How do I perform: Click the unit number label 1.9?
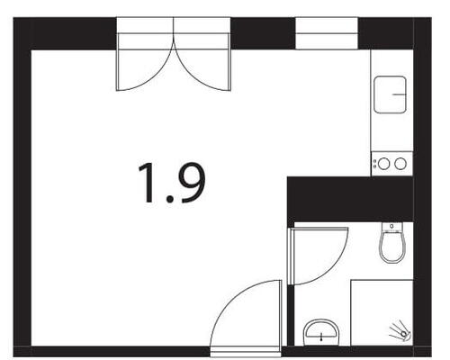172,183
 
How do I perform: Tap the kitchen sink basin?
390,94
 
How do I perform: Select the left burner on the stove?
384,164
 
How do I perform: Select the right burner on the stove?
400,164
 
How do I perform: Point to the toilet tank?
392,227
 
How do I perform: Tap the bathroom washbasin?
321,332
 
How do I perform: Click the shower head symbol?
400,331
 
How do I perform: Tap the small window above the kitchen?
327,33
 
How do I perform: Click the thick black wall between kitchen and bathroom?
350,199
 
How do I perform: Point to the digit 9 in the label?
192,183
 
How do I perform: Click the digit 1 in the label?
148,183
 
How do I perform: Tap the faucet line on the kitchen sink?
400,94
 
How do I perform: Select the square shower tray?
382,312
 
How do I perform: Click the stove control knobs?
374,164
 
